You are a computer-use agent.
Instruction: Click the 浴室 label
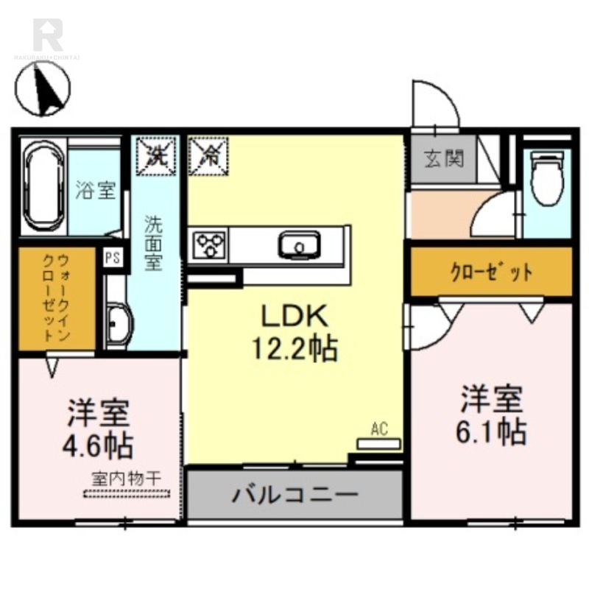[96, 190]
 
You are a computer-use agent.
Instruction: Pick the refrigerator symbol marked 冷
[209, 155]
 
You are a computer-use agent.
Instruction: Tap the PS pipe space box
[113, 258]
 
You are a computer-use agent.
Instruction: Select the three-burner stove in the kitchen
[211, 244]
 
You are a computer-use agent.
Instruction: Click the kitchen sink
[298, 244]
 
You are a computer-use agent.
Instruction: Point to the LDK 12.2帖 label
[294, 333]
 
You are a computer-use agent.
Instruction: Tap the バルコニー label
[294, 495]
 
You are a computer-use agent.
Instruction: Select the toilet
[546, 179]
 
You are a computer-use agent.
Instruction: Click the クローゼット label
[491, 272]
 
